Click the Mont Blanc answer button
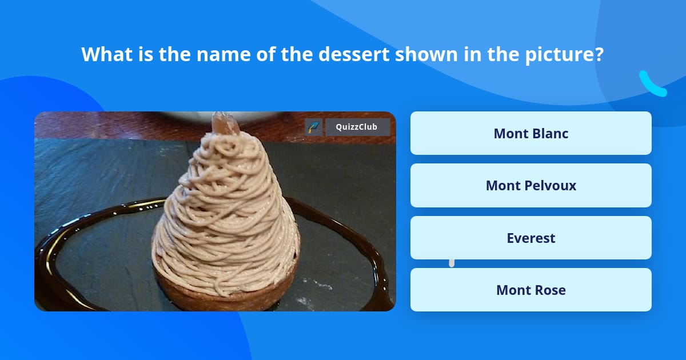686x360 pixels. pyautogui.click(x=531, y=133)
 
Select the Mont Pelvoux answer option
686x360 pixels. pyautogui.click(x=531, y=186)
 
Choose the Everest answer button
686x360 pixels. pyautogui.click(x=531, y=238)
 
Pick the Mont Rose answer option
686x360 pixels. pyautogui.click(x=531, y=290)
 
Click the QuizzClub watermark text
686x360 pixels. pyautogui.click(x=357, y=127)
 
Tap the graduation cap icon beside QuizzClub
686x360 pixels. pyautogui.click(x=313, y=127)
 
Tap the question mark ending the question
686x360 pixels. pyautogui.click(x=599, y=54)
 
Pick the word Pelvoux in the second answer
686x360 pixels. pyautogui.click(x=551, y=186)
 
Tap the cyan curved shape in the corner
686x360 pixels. pyautogui.click(x=653, y=85)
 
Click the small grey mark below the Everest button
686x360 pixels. pyautogui.click(x=452, y=263)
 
